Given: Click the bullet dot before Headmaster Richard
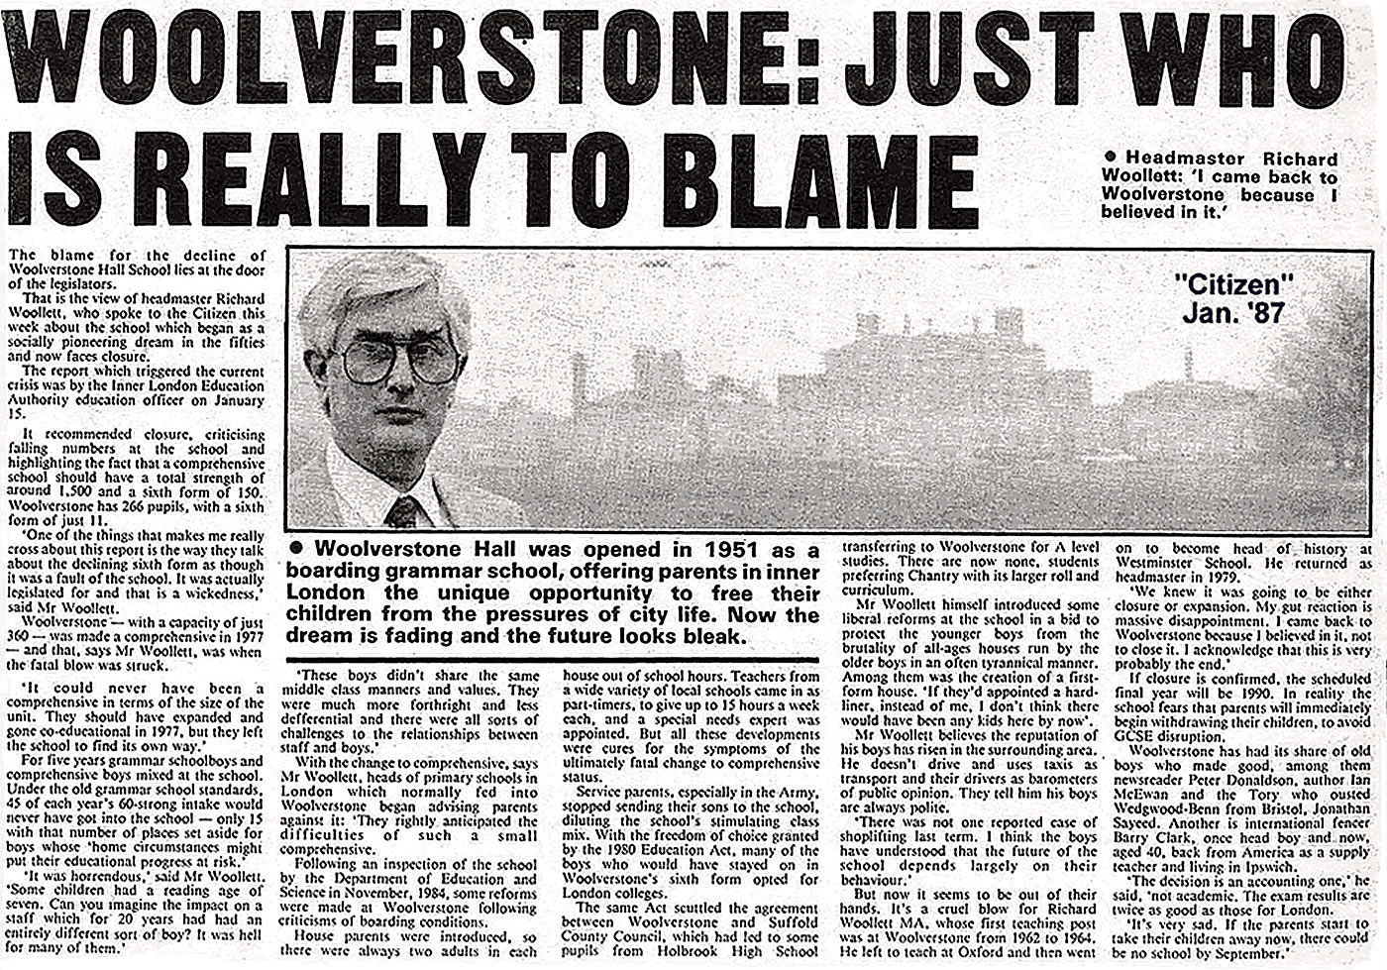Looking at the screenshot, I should coord(1110,159).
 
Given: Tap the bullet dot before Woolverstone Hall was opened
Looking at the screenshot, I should coord(294,550).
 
